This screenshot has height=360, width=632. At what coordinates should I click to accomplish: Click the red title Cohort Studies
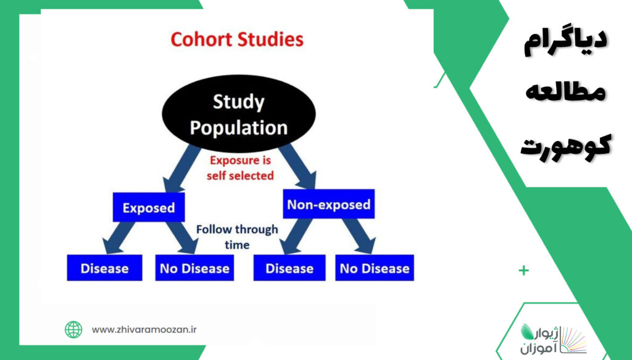237,40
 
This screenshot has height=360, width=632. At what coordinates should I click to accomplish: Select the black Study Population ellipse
239,114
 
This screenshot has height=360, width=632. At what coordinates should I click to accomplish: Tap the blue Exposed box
149,207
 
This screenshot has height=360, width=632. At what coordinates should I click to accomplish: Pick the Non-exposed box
328,204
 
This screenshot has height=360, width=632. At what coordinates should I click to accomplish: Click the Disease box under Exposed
104,267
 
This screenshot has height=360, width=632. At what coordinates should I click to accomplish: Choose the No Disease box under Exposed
194,267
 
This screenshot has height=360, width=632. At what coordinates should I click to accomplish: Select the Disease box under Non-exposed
289,267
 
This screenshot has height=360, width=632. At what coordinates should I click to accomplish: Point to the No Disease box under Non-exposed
375,267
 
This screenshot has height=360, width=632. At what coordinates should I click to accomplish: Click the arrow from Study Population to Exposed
181,169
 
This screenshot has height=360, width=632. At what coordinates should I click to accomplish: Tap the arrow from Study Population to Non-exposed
297,166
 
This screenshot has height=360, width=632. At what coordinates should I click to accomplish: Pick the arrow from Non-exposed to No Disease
359,237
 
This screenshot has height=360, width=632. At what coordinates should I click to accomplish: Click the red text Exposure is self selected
240,168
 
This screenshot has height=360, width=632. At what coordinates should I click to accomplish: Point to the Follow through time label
237,237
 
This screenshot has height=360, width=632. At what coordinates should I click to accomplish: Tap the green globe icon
73,329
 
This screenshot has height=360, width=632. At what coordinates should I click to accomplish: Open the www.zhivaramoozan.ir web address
144,330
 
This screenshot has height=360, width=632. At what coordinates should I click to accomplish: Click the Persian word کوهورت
565,146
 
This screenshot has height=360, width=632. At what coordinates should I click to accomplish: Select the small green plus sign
523,270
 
